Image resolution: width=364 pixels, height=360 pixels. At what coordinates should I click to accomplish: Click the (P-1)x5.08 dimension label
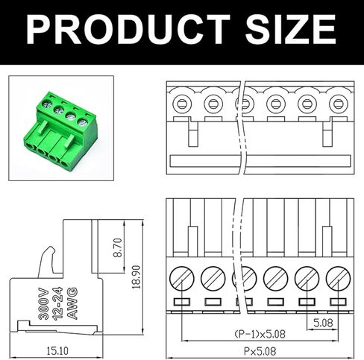pyautogui.click(x=260, y=333)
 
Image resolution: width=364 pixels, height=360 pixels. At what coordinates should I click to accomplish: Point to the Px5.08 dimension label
pyautogui.click(x=260, y=350)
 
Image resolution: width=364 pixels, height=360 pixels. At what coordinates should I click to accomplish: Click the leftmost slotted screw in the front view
pyautogui.click(x=182, y=280)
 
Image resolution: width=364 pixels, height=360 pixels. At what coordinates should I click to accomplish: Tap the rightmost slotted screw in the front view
pyautogui.click(x=338, y=280)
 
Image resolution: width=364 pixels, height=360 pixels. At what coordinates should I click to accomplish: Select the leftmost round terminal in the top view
pyautogui.click(x=182, y=104)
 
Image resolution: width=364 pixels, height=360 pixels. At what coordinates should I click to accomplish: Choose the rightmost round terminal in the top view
pyautogui.click(x=338, y=104)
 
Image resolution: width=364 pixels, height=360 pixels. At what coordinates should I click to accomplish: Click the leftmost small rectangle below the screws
pyautogui.click(x=182, y=302)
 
